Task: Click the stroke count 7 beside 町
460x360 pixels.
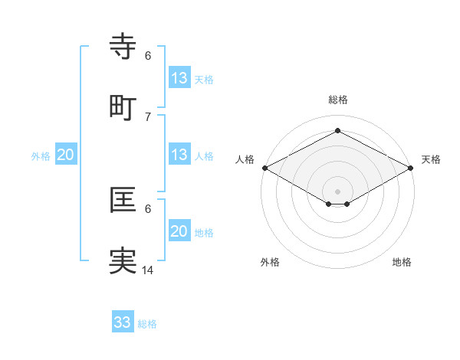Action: (148, 116)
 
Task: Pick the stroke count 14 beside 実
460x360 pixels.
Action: (148, 270)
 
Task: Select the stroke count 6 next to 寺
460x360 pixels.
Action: (148, 55)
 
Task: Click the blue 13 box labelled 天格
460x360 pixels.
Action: (179, 78)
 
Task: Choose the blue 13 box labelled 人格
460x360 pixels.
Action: (179, 155)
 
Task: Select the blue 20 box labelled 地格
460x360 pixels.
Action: (179, 231)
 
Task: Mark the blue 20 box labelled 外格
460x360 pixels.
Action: (65, 155)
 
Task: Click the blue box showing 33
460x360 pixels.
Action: (123, 322)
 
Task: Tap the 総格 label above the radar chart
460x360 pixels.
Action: (338, 100)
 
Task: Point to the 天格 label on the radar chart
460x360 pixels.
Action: (431, 159)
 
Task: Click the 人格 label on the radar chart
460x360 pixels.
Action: (245, 159)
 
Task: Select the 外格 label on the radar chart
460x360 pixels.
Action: (270, 262)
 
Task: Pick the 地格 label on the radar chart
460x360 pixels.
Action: (402, 262)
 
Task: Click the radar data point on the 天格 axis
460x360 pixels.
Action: (412, 168)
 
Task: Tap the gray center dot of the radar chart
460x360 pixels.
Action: (338, 191)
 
